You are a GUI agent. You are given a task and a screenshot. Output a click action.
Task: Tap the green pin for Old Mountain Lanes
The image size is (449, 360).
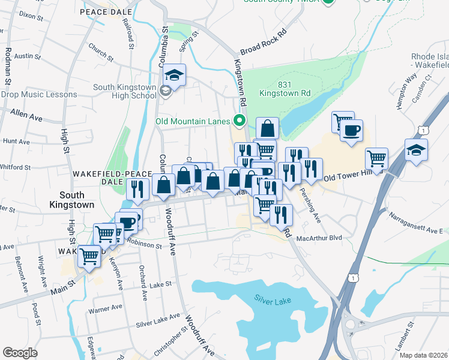(x=240, y=121)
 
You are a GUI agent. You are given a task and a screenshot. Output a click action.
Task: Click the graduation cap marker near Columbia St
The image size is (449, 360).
(x=175, y=75)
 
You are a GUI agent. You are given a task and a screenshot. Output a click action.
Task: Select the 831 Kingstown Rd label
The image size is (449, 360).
(x=285, y=88)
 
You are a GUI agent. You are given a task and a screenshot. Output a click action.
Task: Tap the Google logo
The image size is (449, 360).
(x=20, y=353)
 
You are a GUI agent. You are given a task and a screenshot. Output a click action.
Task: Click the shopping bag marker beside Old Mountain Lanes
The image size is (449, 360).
(x=267, y=128)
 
